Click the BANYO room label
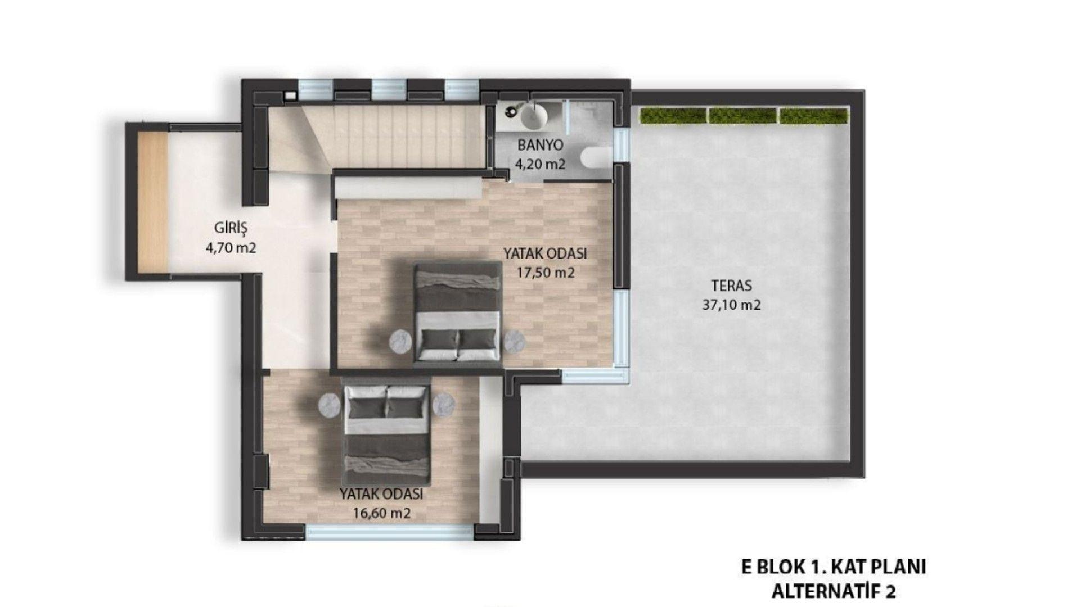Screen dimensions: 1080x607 540,145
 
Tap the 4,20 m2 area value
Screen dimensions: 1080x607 540,164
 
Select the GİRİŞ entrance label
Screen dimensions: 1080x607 231,228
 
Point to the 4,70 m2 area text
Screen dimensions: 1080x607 231,247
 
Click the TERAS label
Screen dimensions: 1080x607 731,286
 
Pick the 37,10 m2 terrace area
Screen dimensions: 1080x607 731,305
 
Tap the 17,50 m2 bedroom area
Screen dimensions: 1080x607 546,273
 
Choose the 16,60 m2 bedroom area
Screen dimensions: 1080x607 381,513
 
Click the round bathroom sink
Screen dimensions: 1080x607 534,116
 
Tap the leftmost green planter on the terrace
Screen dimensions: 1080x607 673,116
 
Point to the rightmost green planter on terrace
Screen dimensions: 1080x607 813,116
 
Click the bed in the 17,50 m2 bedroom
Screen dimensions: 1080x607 457,312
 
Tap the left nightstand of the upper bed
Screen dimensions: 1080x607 401,341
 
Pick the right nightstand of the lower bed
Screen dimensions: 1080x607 444,403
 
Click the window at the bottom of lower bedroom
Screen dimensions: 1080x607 390,532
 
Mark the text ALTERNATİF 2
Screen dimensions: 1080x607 834,591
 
